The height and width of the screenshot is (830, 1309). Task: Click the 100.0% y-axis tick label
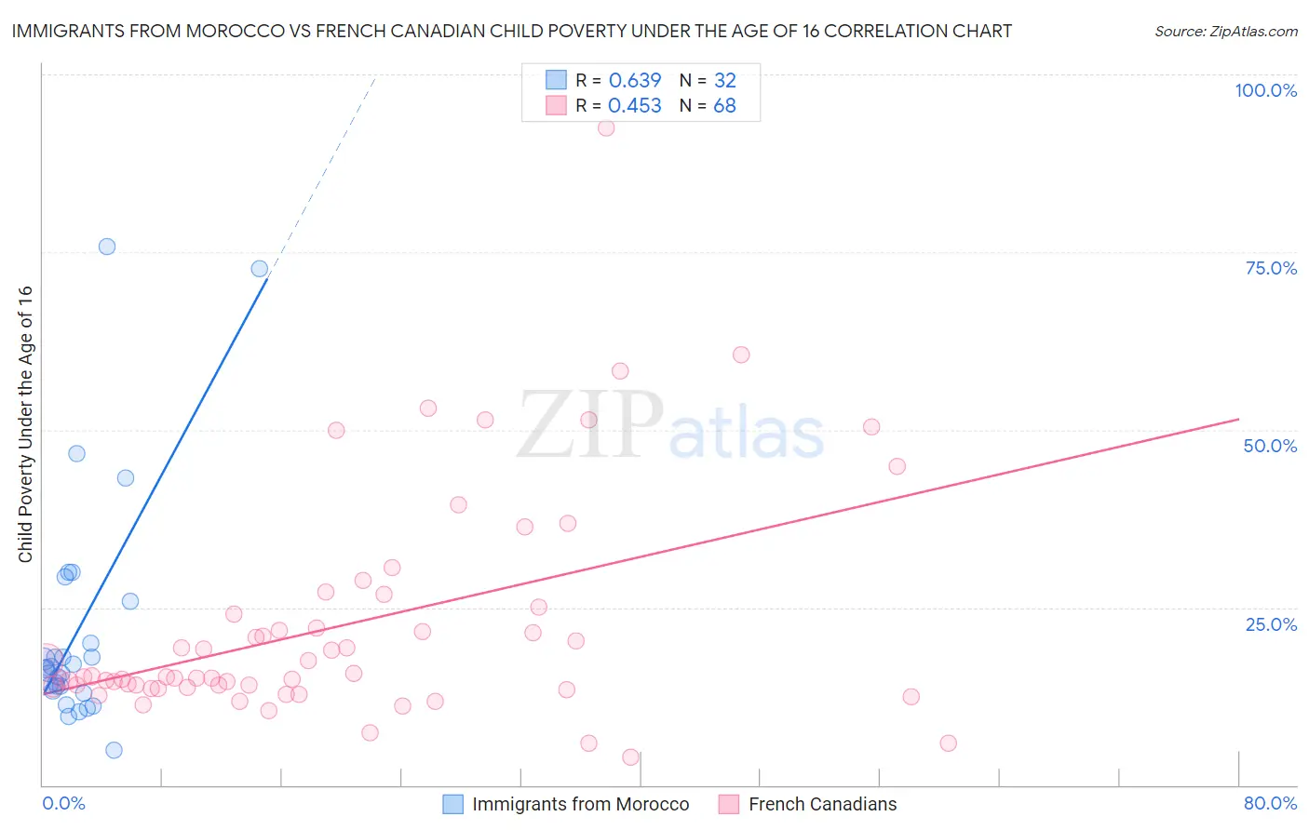point(1265,90)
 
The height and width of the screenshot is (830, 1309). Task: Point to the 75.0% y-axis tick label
point(1271,268)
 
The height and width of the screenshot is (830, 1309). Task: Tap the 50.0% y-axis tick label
point(1270,446)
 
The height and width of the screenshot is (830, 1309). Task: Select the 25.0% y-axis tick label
point(1271,623)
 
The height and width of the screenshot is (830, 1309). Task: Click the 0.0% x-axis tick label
point(63,803)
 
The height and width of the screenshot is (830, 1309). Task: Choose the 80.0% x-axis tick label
point(1270,803)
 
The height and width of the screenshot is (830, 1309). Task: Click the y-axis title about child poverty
point(25,423)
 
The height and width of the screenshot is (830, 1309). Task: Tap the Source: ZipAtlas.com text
point(1225,32)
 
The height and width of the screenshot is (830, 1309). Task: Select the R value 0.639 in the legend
point(634,81)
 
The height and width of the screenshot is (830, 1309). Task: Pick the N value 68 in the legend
point(724,106)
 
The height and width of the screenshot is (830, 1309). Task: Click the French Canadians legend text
point(822,804)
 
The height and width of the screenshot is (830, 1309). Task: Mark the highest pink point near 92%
point(606,127)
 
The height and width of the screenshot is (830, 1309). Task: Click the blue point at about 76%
point(107,247)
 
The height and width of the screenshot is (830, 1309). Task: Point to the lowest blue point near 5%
point(114,750)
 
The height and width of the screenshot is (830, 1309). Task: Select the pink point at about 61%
point(741,355)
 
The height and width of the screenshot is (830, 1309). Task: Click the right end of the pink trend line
point(1238,420)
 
